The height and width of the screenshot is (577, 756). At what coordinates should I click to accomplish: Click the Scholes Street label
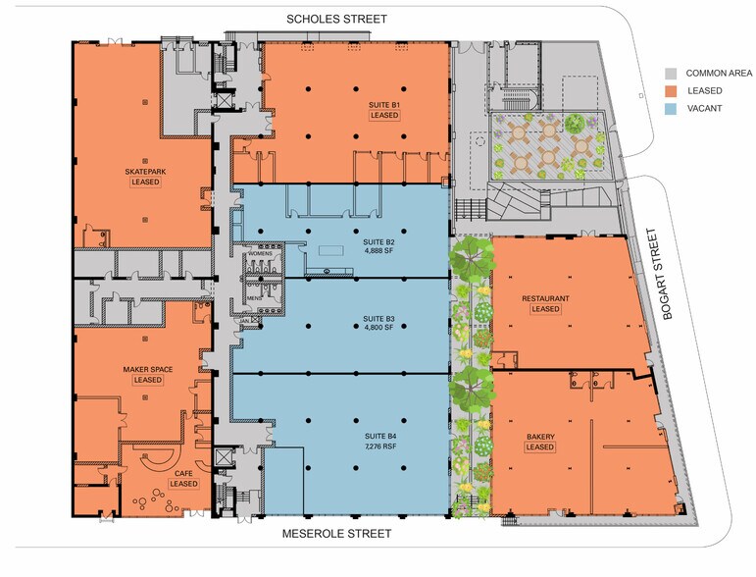(x=336, y=20)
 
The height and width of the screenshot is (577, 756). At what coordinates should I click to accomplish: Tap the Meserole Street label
(x=336, y=534)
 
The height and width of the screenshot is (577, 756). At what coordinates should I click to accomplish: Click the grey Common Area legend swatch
(x=671, y=74)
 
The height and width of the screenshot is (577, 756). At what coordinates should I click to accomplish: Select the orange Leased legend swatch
(x=671, y=90)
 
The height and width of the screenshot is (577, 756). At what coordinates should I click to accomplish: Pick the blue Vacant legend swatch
(x=671, y=109)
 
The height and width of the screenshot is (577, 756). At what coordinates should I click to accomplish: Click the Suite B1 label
(x=384, y=105)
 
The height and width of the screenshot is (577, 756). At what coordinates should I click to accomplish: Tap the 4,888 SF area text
(x=378, y=251)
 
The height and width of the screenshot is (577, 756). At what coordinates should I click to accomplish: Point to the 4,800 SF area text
(x=378, y=328)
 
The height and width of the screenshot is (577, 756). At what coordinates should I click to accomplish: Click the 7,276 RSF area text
(x=380, y=446)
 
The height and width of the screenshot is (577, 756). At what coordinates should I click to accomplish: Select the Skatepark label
(x=145, y=172)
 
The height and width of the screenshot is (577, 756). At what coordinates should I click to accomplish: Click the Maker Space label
(x=147, y=370)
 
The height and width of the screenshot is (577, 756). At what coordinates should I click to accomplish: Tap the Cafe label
(x=183, y=474)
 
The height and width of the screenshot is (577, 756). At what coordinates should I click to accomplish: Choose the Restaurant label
(x=545, y=298)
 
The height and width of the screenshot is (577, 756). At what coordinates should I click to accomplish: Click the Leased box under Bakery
(x=540, y=447)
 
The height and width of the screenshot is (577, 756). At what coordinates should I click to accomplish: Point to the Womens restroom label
(x=260, y=254)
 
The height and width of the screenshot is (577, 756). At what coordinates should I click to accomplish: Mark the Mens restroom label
(x=254, y=298)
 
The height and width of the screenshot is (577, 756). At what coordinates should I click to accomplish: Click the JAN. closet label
(x=244, y=320)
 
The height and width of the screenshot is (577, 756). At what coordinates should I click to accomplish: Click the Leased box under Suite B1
(x=384, y=116)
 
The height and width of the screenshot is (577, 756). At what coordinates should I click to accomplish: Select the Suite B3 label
(x=378, y=319)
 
